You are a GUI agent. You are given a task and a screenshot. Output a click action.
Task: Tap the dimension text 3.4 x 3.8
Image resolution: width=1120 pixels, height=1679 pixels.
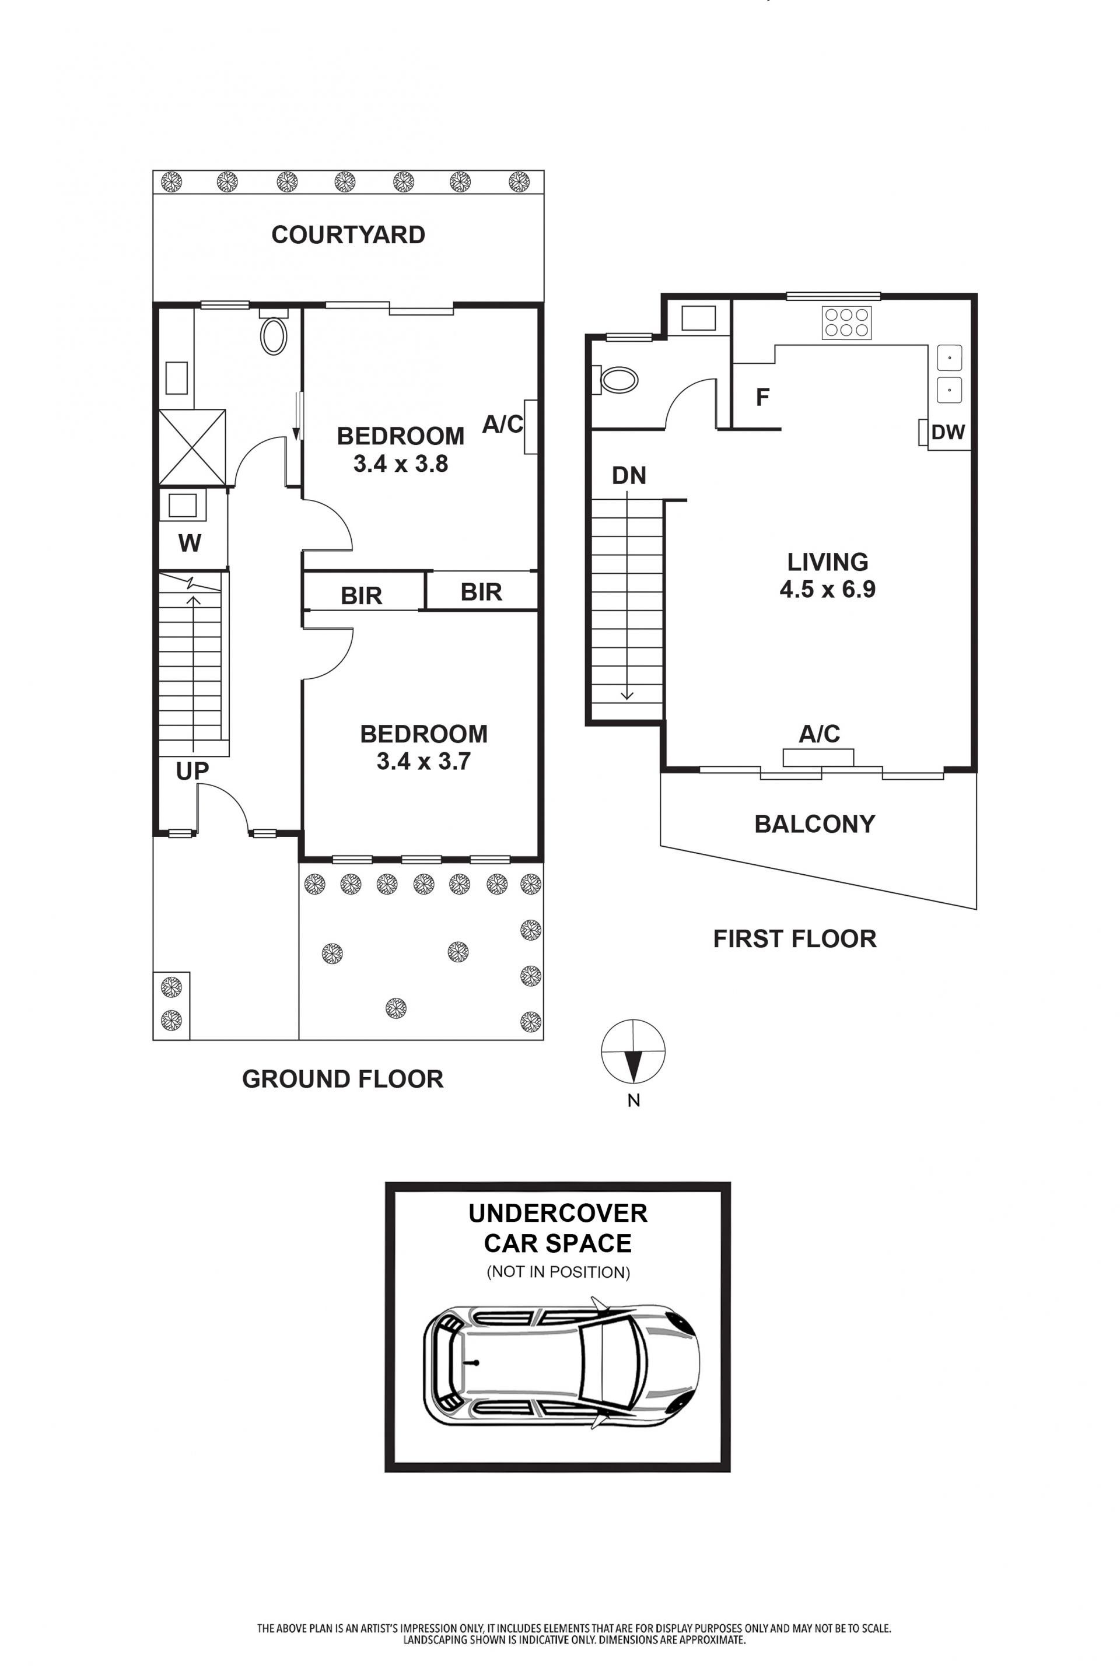(401, 464)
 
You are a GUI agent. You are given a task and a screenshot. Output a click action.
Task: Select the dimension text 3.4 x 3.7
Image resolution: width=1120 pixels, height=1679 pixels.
(423, 761)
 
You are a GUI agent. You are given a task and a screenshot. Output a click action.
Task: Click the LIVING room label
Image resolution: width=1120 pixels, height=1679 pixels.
(828, 562)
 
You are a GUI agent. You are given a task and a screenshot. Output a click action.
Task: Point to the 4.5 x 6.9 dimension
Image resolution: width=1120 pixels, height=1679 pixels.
(828, 589)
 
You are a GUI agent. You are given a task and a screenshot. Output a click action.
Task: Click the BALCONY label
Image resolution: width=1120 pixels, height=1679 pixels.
(815, 824)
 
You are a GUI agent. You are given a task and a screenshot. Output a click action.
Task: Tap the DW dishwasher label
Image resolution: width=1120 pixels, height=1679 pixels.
(948, 432)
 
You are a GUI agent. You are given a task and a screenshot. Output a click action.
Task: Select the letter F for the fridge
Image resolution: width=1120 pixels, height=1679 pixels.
(763, 397)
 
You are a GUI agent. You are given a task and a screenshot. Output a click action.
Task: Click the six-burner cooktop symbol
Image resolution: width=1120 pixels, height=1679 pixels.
(846, 322)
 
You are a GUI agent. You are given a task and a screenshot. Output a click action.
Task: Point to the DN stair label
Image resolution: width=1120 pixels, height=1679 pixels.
(629, 476)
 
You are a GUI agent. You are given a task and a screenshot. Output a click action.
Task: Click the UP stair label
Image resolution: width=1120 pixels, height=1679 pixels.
(192, 770)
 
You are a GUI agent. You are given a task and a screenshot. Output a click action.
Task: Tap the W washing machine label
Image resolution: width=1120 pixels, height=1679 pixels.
(189, 544)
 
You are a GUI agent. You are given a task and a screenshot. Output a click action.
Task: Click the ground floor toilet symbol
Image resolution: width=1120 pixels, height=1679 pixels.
(274, 331)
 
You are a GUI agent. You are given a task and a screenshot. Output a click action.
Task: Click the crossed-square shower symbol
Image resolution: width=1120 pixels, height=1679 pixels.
(192, 448)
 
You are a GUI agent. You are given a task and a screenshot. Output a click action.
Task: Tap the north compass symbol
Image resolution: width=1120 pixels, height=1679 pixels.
(633, 1051)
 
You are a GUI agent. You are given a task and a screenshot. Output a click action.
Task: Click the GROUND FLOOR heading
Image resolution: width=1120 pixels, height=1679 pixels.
(343, 1079)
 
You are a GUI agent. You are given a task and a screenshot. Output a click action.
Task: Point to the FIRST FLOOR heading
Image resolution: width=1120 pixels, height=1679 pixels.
(795, 938)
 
